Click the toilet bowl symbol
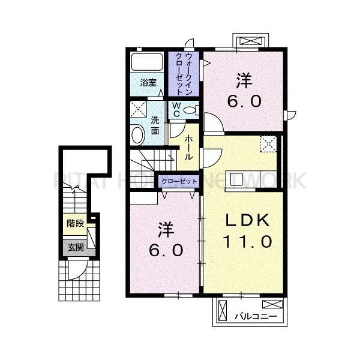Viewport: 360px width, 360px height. tap(190, 109)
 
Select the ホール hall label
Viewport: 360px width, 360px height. tap(188, 148)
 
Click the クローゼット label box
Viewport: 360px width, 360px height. tap(179, 181)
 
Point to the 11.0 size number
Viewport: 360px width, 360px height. tap(247, 242)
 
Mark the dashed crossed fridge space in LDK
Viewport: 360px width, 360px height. tap(268, 145)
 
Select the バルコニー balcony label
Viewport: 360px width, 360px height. tap(255, 314)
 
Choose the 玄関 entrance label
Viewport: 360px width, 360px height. tap(75, 246)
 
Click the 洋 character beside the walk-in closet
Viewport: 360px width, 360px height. tap(243, 79)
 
